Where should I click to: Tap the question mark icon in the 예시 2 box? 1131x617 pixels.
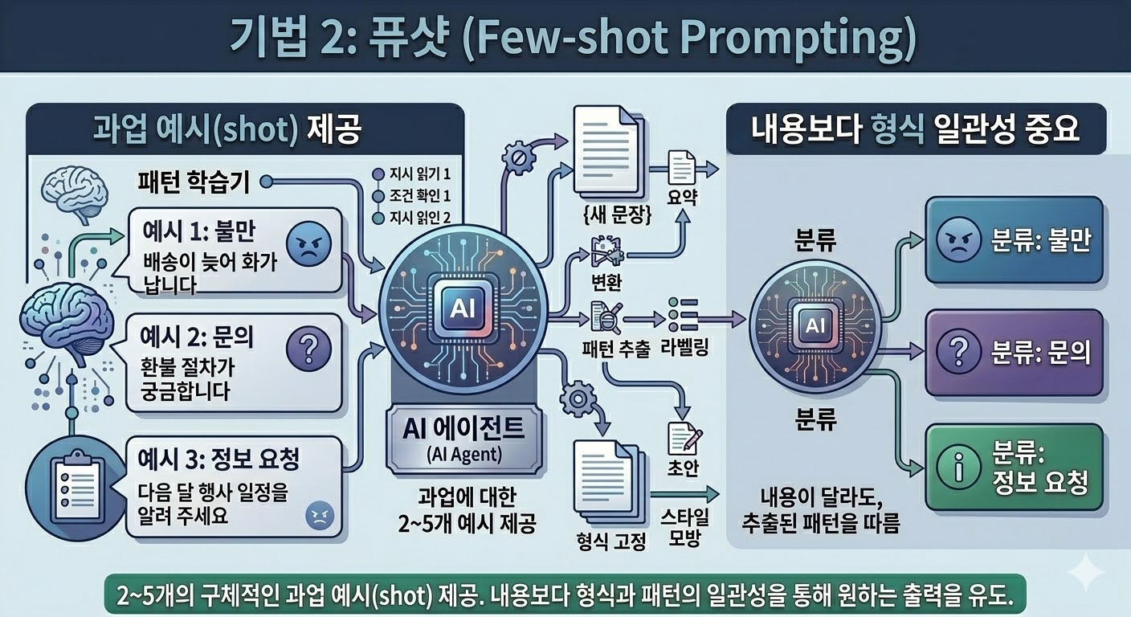click(308, 348)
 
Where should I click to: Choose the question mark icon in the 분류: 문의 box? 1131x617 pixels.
click(960, 352)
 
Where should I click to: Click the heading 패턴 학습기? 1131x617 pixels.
click(194, 182)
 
